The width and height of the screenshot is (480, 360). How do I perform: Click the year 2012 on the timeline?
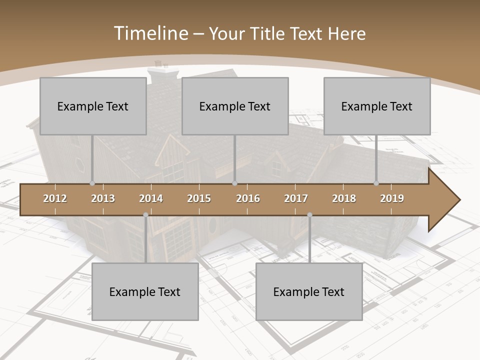pos(55,198)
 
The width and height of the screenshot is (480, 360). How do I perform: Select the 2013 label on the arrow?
pos(103,198)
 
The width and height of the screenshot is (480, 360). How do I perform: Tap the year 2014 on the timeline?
pos(151,198)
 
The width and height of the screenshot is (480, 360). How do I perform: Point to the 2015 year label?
pos(199,198)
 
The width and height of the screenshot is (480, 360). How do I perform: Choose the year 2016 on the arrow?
pos(248,198)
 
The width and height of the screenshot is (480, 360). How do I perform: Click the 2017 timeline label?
pos(296,198)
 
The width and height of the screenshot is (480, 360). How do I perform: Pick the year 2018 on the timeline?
pos(344,198)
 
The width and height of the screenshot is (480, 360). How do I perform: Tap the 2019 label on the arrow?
pos(392,198)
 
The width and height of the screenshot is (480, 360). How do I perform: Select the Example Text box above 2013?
pos(93,106)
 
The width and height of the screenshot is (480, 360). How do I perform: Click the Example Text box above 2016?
pos(235,106)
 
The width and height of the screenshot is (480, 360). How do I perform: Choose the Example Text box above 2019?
pos(377,106)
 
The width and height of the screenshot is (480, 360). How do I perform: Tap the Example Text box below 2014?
pos(145,291)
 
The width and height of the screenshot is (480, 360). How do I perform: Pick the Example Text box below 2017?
pos(309,291)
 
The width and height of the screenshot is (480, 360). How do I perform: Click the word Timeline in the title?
pos(149,33)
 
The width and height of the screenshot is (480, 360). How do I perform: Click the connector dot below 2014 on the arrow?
pos(145,215)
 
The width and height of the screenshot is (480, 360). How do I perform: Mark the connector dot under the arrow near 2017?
pos(309,215)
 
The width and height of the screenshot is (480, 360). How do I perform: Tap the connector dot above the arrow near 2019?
pos(376,183)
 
